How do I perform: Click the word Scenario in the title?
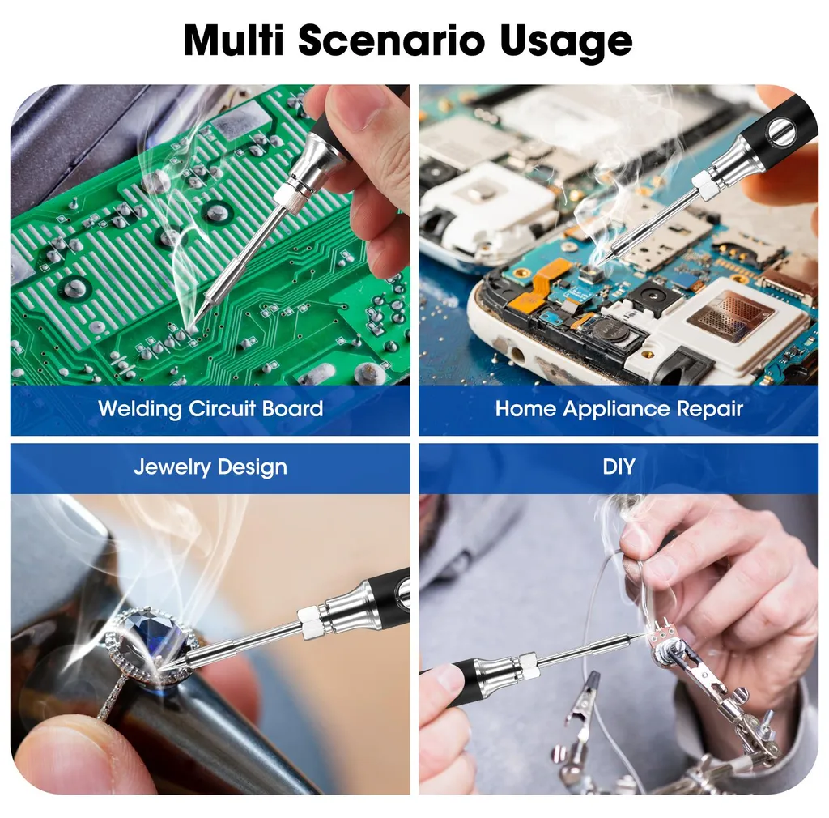[392, 40]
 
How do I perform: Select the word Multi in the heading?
[234, 40]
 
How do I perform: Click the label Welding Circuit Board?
[210, 409]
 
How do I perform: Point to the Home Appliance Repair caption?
[619, 409]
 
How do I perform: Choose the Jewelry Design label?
[210, 467]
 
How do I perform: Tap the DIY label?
[619, 467]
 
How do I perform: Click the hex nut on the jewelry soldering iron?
[311, 624]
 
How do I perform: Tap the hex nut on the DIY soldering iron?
[528, 666]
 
